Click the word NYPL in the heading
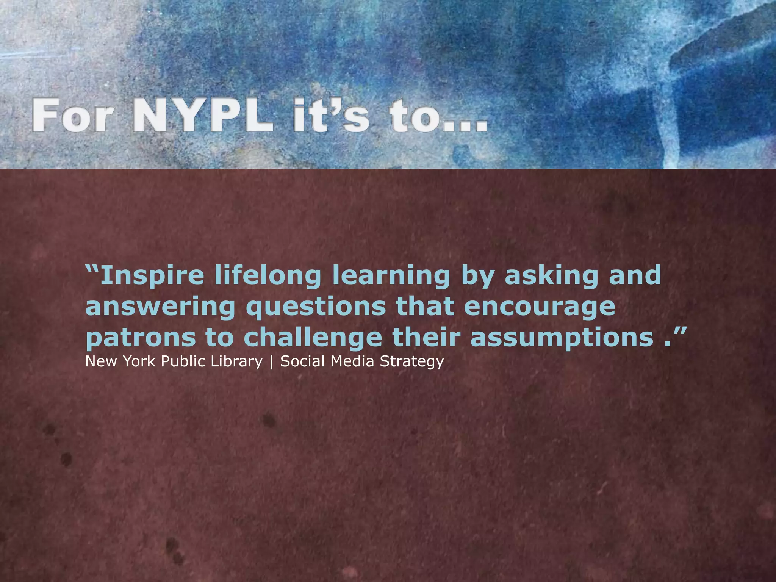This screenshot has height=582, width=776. (x=203, y=115)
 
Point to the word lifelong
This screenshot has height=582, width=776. (x=268, y=276)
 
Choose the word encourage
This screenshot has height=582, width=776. (x=540, y=307)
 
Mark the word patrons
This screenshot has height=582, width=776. (x=141, y=338)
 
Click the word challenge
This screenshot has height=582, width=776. (x=313, y=338)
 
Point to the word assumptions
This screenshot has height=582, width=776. (x=562, y=338)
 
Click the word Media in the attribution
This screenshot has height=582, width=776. (x=353, y=361)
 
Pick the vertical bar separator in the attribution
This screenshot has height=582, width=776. (x=271, y=362)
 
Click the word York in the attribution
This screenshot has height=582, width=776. (x=139, y=361)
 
